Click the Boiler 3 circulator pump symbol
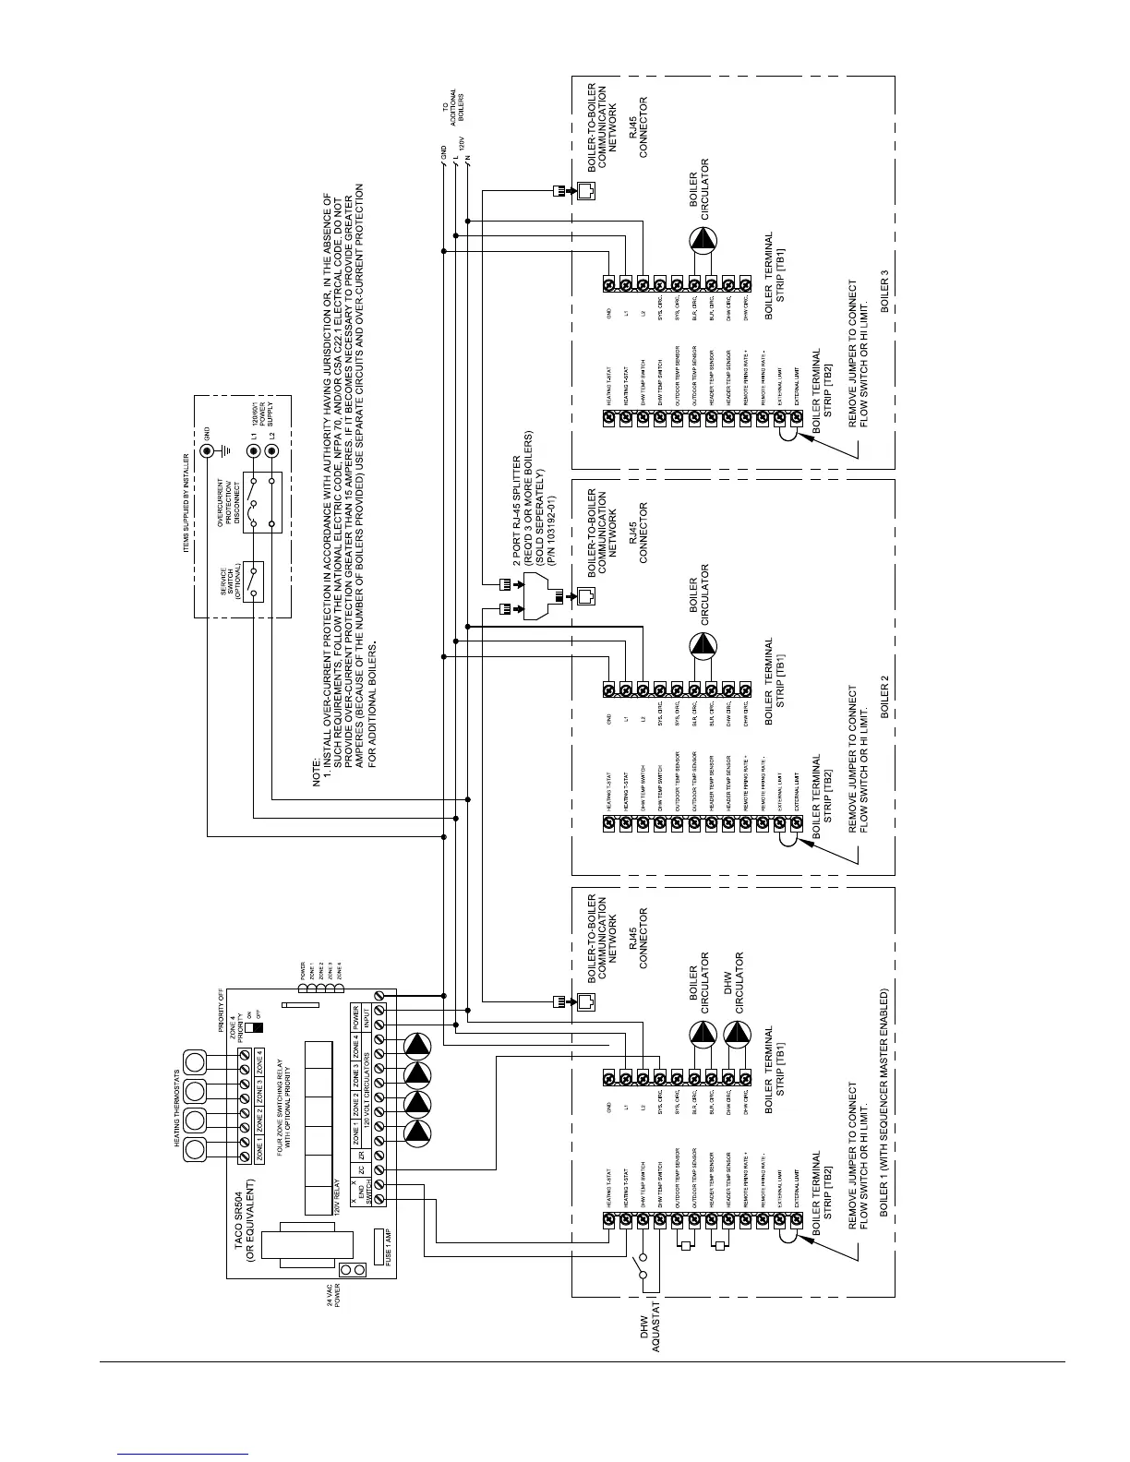click(x=703, y=241)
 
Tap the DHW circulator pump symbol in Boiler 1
click(x=737, y=1035)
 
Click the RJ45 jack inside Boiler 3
click(x=586, y=191)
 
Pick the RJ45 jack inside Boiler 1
click(x=586, y=1002)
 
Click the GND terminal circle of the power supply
click(x=207, y=452)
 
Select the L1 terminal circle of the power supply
click(x=254, y=452)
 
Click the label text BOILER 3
click(x=885, y=291)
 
